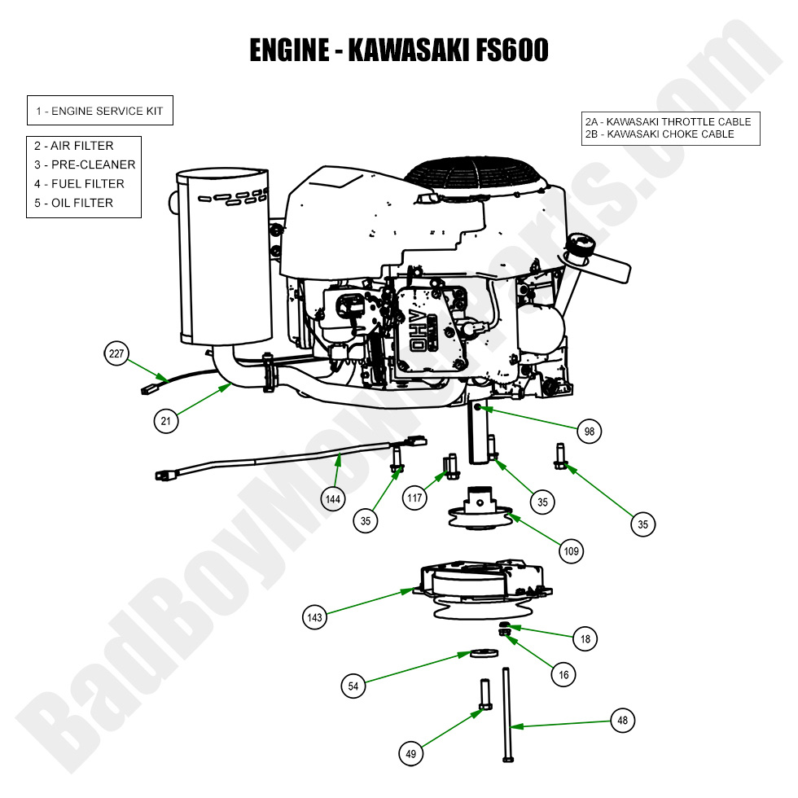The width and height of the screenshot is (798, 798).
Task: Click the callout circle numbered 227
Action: (116, 353)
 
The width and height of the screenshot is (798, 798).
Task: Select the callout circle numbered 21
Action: (166, 420)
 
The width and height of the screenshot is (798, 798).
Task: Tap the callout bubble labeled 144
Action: (333, 498)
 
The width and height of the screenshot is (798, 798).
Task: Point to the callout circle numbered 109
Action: (572, 551)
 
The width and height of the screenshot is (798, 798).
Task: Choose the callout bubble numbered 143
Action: (315, 617)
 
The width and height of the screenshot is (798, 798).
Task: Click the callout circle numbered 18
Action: (585, 640)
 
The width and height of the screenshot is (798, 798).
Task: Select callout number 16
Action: (562, 673)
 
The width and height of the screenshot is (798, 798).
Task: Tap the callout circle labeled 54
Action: (353, 686)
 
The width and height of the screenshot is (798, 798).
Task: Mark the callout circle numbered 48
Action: (622, 720)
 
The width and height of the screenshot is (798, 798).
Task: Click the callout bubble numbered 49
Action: (410, 754)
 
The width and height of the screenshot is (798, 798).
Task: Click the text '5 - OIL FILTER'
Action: (73, 203)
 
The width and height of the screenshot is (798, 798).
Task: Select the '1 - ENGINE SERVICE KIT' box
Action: (99, 111)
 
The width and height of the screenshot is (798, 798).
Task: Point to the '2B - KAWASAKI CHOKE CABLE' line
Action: (660, 134)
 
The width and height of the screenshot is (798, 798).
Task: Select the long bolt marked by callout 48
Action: (506, 712)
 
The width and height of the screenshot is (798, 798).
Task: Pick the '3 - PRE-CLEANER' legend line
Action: (85, 164)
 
